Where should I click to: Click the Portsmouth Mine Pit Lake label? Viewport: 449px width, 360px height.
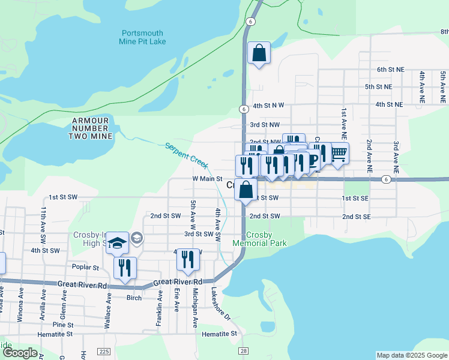[x=143, y=37]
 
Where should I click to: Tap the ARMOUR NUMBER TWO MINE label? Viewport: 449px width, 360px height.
[x=91, y=128]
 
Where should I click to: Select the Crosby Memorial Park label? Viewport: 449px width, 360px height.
[x=260, y=239]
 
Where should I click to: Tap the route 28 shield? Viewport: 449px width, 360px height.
[x=243, y=351]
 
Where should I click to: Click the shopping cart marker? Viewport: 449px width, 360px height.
[x=339, y=154]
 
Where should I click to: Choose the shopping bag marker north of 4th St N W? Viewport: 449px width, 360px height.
[x=259, y=53]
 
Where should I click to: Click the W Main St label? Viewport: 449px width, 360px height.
[x=207, y=179]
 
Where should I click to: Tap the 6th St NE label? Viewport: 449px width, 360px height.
[x=393, y=70]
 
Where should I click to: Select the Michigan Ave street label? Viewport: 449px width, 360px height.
[x=195, y=307]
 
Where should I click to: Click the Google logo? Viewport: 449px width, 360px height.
[x=19, y=353]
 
